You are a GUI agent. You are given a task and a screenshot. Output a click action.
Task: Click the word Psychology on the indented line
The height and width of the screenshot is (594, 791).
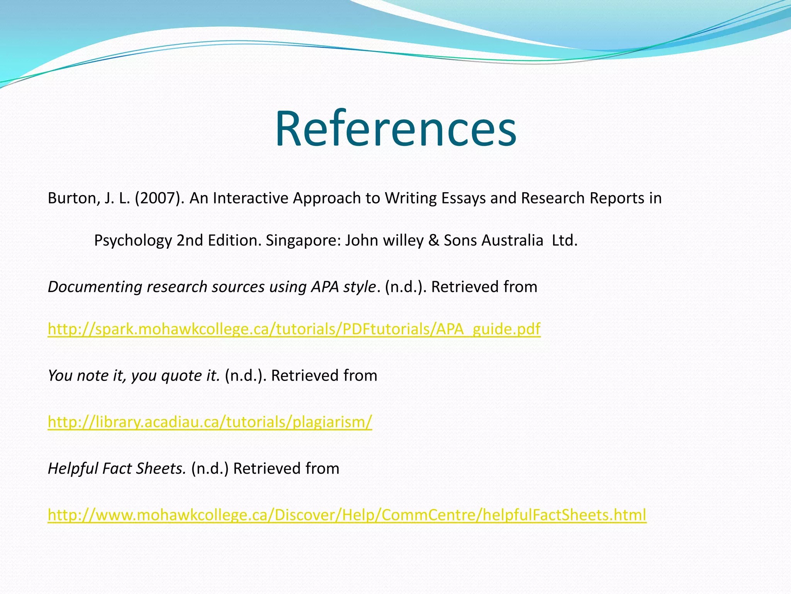(133, 241)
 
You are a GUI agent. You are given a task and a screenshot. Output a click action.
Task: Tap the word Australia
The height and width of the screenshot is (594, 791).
(494, 241)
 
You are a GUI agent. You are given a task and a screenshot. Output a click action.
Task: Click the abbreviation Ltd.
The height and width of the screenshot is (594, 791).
(565, 241)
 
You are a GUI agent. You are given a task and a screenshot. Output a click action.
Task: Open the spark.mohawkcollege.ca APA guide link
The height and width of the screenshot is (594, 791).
(294, 329)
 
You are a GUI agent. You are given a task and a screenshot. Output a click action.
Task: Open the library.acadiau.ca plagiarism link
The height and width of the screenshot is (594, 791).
(210, 422)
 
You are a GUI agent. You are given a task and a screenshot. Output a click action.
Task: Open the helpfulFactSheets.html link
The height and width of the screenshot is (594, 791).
(347, 515)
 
